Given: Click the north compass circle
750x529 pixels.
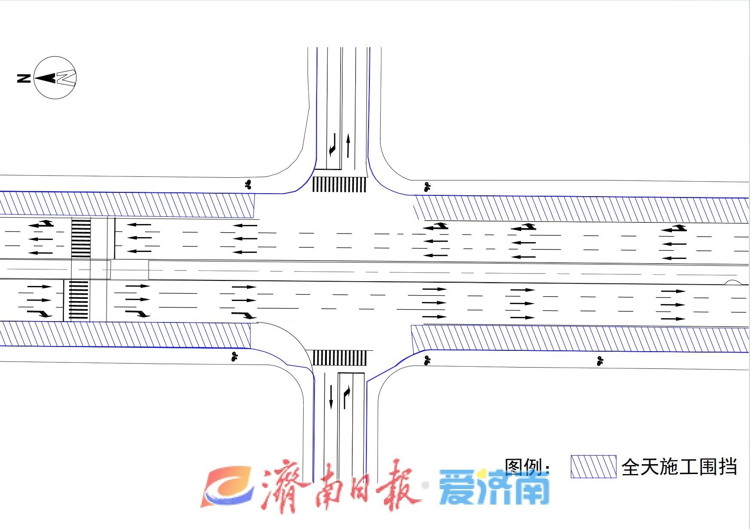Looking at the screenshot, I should click(55, 78).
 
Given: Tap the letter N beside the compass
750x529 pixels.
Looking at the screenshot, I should click(24, 78).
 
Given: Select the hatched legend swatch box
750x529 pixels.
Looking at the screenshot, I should click(593, 467).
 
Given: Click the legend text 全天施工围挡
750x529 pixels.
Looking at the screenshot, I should click(679, 467).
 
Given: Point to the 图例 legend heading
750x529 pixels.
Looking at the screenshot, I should click(526, 466).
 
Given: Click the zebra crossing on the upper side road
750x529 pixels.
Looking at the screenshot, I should click(339, 185).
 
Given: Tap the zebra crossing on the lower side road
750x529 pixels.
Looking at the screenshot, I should click(339, 358).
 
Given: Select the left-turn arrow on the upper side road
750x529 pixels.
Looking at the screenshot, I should click(332, 145).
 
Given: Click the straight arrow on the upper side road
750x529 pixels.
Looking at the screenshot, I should click(348, 145).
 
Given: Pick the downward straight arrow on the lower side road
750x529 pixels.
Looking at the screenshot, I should click(331, 397).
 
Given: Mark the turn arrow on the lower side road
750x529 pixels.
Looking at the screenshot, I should click(346, 397).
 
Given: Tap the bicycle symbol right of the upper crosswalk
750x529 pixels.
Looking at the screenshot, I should click(427, 187).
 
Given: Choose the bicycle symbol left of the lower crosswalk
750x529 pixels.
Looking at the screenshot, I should click(234, 356).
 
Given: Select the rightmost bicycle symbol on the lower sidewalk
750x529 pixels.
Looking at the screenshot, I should click(600, 361).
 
